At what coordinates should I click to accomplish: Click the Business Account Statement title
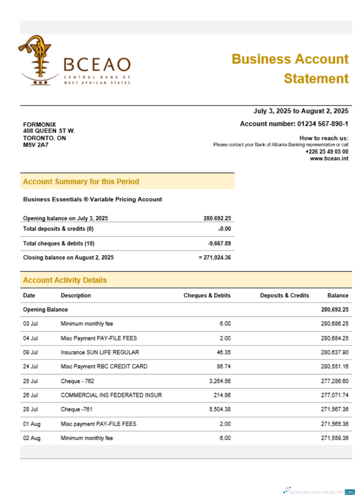290,68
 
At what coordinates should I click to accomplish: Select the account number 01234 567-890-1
294,124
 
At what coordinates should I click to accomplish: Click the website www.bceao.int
329,158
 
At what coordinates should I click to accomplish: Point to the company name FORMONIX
39,124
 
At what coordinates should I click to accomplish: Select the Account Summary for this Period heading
81,181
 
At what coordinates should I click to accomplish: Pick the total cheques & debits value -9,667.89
219,243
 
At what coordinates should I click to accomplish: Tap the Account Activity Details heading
65,280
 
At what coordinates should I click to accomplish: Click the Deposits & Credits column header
284,295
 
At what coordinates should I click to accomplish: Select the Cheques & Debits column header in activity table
207,295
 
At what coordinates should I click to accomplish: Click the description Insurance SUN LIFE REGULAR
100,352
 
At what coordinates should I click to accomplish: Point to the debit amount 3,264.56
218,381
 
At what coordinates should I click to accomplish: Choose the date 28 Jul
30,409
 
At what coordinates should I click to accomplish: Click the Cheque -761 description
77,409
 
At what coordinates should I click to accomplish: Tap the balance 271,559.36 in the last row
334,438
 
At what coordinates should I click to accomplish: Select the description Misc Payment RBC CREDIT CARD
104,366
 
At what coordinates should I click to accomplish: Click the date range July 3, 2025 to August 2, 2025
301,111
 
